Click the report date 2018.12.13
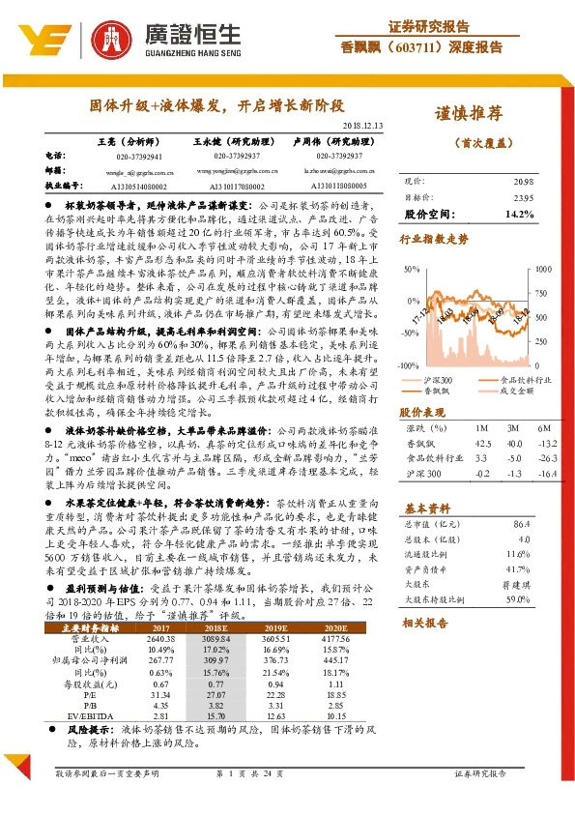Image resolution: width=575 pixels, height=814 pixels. pos(363,126)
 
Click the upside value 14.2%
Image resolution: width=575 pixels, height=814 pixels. pos(519,213)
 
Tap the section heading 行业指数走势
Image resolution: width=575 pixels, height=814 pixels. pos(435,237)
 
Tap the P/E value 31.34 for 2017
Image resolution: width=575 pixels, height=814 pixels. pos(162,693)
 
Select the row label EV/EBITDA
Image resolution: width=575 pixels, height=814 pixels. pos(96,717)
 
